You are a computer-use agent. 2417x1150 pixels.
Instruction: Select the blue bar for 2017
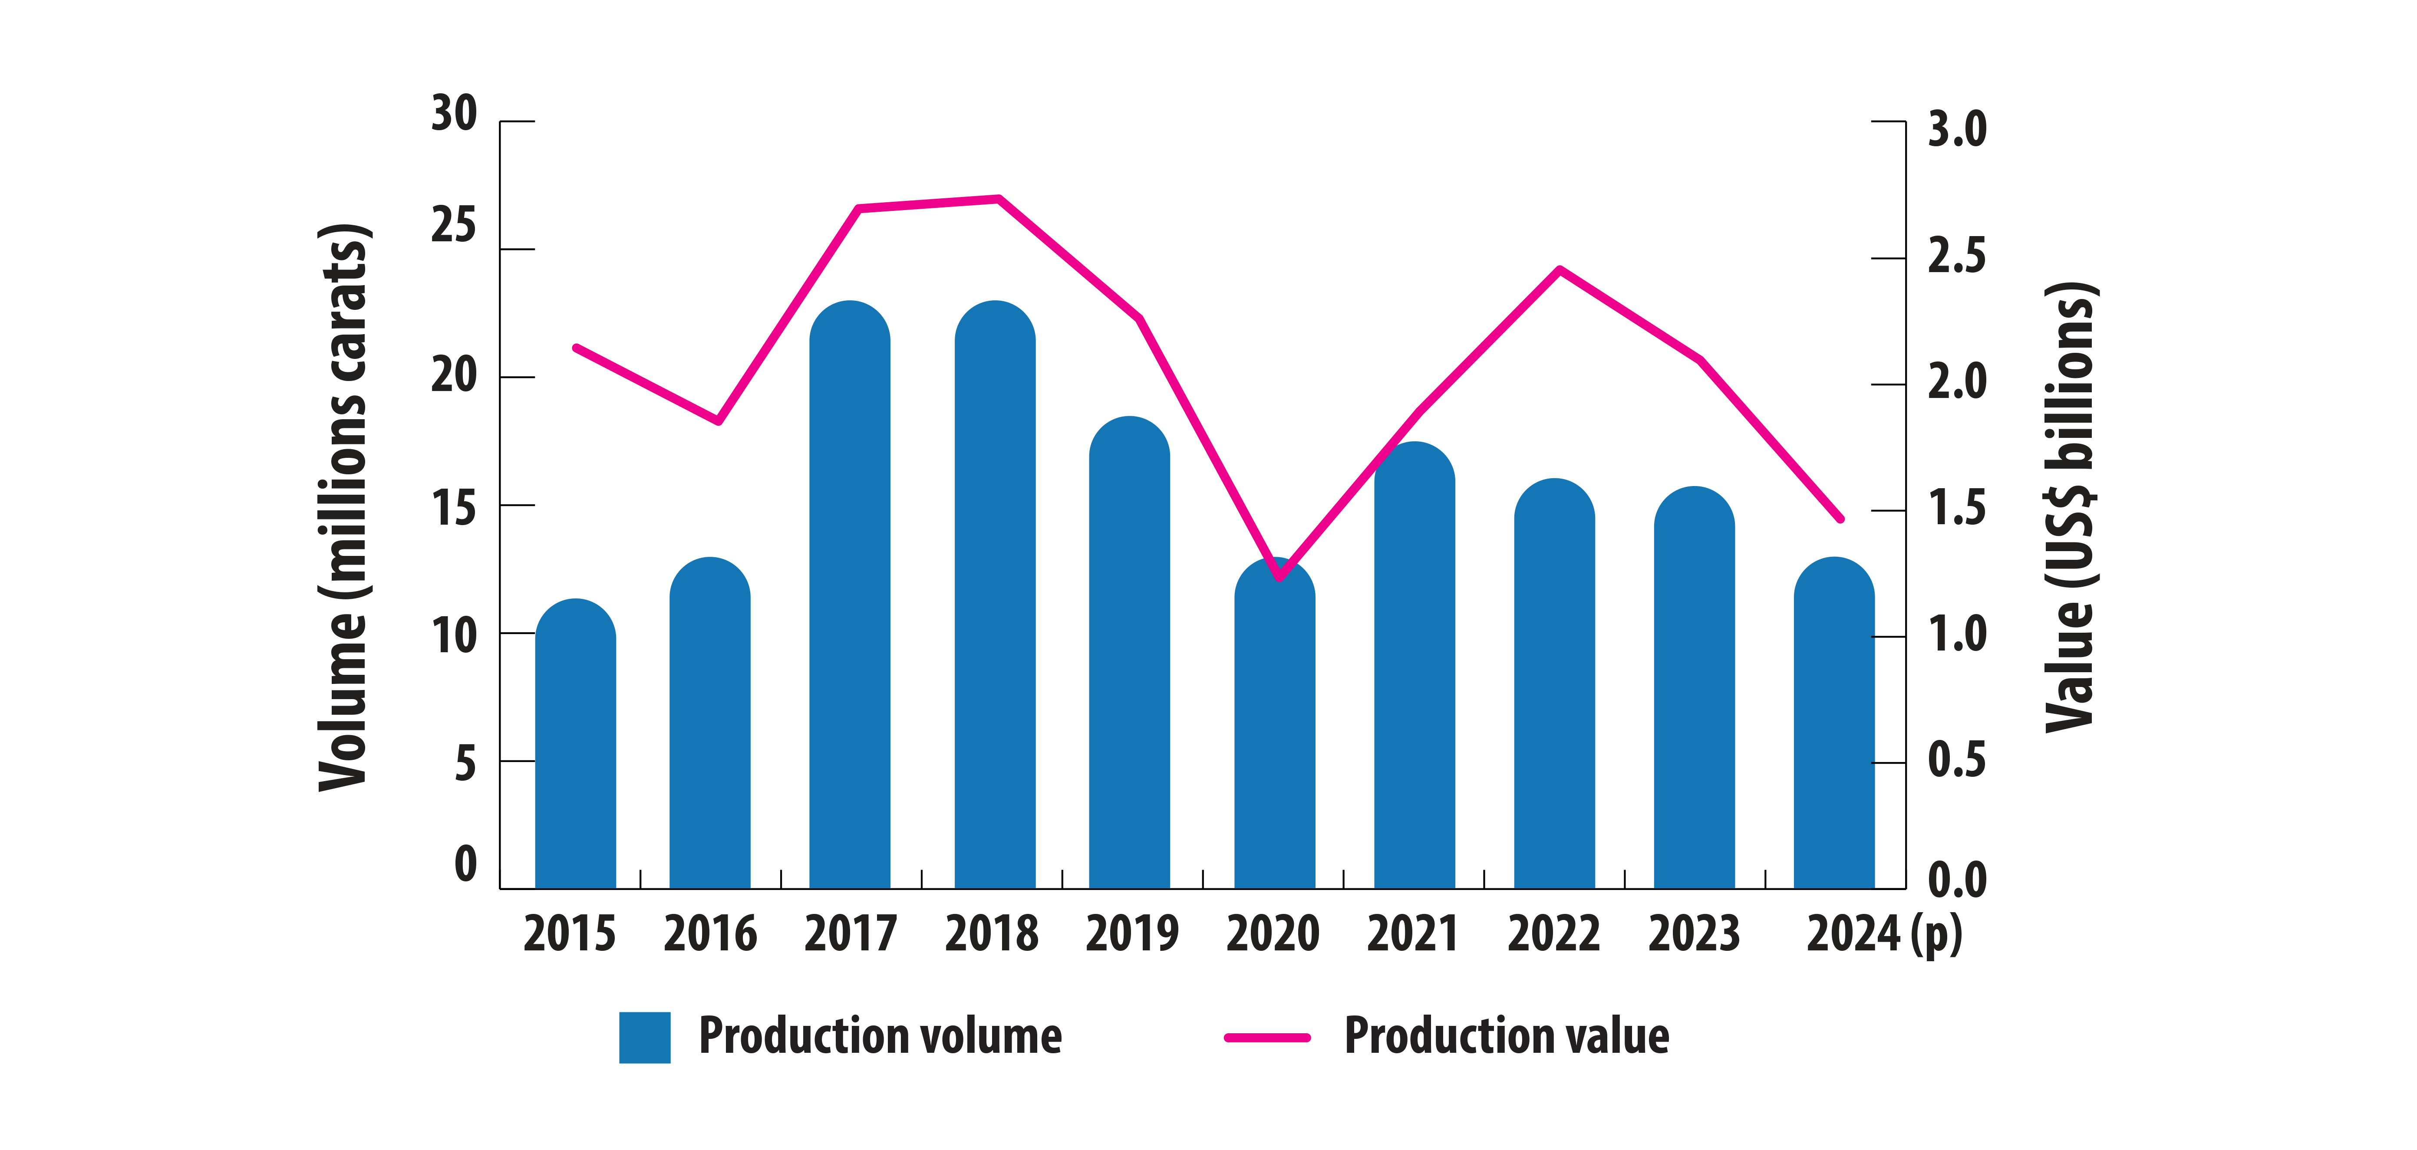click(x=849, y=600)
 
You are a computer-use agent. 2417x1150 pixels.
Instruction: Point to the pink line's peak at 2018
click(x=998, y=198)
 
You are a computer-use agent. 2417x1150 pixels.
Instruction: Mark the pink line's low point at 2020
click(x=1280, y=578)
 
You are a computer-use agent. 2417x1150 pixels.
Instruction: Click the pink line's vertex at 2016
click(x=719, y=421)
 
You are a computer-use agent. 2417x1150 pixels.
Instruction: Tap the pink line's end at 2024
click(x=1841, y=519)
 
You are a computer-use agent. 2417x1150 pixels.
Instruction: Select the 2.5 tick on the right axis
click(x=1957, y=255)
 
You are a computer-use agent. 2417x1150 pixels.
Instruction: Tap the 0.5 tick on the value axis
click(x=1957, y=760)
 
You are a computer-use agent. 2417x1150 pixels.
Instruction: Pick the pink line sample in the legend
click(x=1266, y=1038)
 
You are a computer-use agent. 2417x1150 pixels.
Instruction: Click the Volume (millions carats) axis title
click(x=343, y=506)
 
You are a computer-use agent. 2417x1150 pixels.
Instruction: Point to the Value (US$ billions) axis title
click(x=2070, y=506)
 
